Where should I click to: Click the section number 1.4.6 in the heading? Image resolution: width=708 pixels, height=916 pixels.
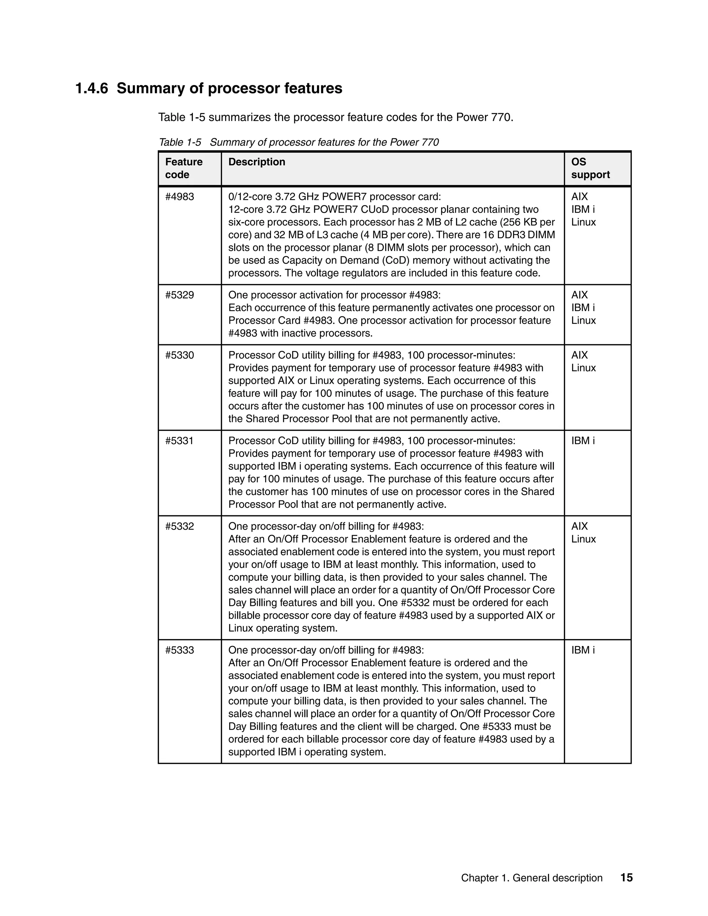tap(91, 88)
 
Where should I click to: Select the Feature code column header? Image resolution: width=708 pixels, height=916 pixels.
tap(184, 168)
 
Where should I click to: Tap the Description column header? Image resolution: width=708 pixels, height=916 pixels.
tap(257, 162)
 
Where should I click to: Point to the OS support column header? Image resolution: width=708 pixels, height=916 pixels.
tap(590, 168)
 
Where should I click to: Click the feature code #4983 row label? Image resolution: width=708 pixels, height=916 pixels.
tap(179, 197)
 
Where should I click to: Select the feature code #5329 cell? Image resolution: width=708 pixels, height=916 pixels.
tap(179, 295)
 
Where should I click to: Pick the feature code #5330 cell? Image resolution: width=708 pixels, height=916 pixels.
tap(179, 356)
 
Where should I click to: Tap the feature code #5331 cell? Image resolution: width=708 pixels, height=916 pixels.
tap(179, 441)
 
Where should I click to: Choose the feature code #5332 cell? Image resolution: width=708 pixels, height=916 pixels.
tap(179, 526)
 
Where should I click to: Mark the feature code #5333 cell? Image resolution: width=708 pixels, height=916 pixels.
tap(179, 651)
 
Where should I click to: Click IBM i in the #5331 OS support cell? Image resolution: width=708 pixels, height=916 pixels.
tap(583, 441)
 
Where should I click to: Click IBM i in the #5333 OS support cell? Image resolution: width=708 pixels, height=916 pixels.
tap(583, 651)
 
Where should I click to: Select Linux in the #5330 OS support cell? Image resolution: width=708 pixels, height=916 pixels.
tap(584, 368)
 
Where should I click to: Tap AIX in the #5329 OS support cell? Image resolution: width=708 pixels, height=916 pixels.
tap(579, 295)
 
